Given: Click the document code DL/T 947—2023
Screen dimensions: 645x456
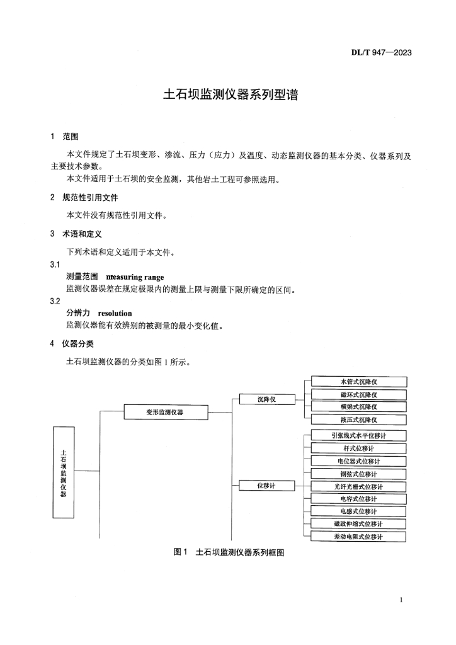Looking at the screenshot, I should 381,52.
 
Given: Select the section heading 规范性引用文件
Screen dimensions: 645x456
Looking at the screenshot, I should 90,197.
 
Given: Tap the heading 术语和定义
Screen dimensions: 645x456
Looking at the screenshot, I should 81,234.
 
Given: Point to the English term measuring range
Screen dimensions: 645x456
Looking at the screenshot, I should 135,277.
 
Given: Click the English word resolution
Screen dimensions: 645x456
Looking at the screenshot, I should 115,312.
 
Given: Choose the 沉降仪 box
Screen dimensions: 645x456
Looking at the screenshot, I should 267,399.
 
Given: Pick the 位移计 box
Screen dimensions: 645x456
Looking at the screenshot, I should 267,485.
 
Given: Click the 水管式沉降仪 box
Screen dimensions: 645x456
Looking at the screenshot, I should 358,382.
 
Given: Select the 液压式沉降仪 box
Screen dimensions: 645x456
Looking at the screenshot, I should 358,420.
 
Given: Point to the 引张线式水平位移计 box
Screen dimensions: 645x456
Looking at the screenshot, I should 358,435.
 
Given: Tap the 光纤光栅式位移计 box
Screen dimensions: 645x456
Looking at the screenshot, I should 358,486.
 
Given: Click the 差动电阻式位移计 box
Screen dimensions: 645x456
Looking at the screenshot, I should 358,537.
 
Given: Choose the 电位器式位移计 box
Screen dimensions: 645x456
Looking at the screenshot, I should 358,461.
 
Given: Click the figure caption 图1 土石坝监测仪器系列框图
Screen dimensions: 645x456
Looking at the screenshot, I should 229,552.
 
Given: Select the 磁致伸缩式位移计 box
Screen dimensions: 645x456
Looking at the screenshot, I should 358,524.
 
